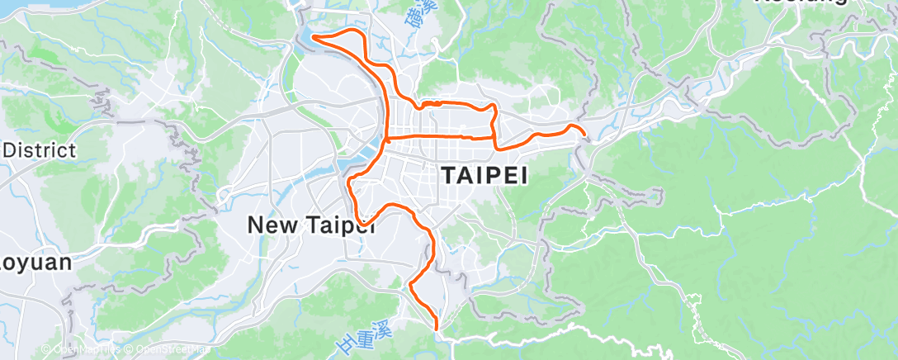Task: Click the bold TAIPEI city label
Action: tap(484, 176)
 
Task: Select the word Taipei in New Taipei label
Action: tap(341, 224)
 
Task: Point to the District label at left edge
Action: tap(40, 150)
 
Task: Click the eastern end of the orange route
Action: tap(584, 134)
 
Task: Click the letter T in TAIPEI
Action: tap(448, 176)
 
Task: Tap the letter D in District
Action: tap(12, 150)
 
